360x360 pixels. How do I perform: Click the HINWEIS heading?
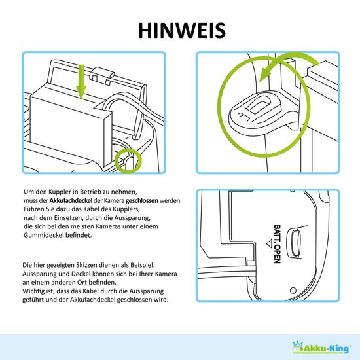pos(182,30)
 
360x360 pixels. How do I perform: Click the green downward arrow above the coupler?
pos(81,82)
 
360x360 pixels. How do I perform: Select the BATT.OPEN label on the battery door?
pos(277,244)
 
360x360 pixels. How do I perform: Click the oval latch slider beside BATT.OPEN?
pos(296,243)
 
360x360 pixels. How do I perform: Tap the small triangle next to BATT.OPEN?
pos(269,243)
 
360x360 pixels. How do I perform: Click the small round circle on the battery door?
pos(293,291)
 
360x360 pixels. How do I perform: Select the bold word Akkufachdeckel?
pos(71,200)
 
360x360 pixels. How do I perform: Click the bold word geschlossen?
pos(141,201)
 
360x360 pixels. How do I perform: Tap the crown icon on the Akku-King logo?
pos(298,344)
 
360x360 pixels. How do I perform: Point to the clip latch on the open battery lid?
pos(103,73)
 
